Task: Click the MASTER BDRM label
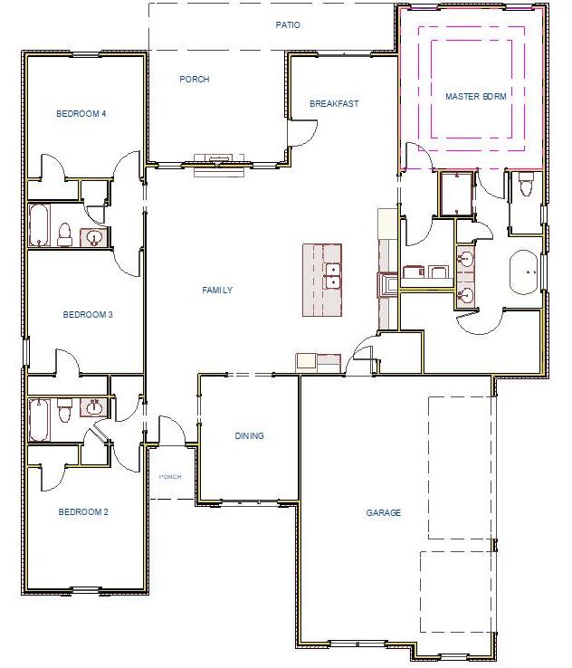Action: (474, 95)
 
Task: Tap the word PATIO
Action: (288, 25)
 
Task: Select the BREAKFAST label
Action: (334, 104)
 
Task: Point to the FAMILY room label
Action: (217, 291)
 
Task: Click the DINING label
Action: (250, 436)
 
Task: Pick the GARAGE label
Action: (384, 513)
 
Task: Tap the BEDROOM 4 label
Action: (81, 114)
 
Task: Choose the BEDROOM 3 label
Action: (88, 315)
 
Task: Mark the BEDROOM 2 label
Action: (83, 512)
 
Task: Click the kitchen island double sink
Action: (332, 275)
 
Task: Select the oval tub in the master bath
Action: (524, 272)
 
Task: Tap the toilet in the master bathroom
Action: (526, 187)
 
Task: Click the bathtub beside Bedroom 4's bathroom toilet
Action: (40, 225)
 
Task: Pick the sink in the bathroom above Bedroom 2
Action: (93, 407)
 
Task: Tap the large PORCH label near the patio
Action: (195, 80)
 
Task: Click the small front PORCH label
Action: (170, 476)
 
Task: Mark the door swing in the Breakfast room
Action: (302, 132)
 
